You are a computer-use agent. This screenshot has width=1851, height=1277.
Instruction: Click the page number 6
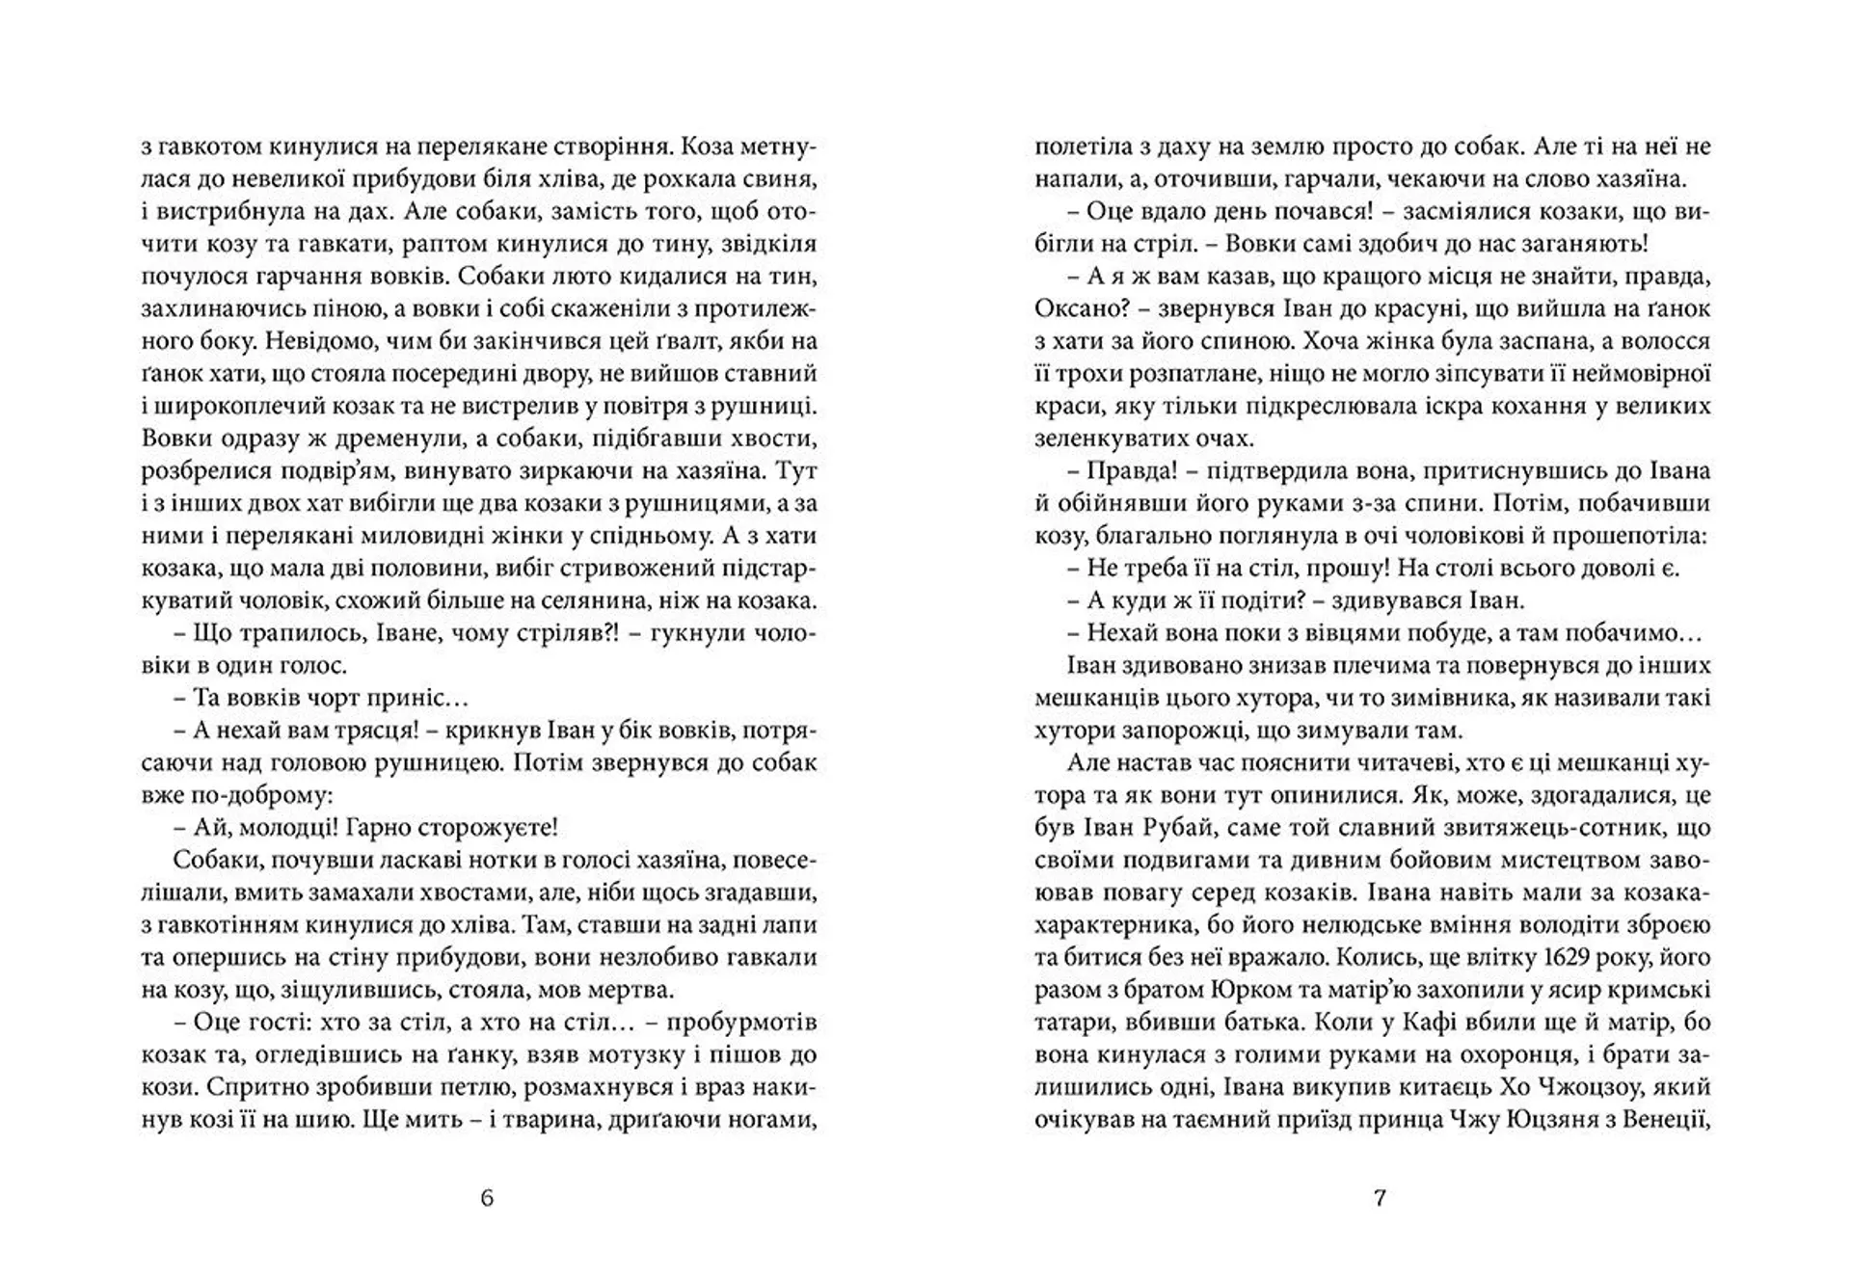point(486,1198)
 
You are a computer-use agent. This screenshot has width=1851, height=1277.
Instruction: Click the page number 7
point(1379,1198)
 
